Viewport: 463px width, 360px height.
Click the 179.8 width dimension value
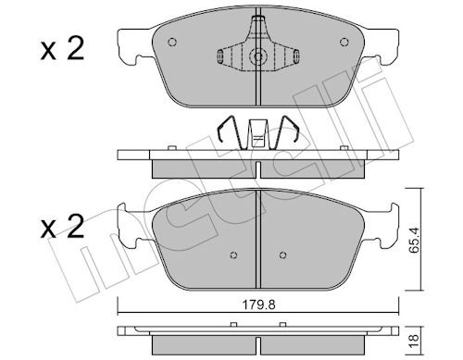click(258, 305)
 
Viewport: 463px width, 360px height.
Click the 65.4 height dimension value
click(413, 240)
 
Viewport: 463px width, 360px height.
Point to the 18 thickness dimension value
click(414, 341)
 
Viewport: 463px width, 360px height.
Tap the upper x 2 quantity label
click(62, 48)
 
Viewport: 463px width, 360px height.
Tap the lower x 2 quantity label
click(62, 226)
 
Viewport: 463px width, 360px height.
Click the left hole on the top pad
click(172, 42)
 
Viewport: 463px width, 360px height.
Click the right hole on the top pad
click(344, 42)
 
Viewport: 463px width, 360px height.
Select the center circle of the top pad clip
click(258, 56)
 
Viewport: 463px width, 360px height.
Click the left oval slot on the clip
click(220, 56)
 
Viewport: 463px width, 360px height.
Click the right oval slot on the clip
click(296, 56)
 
